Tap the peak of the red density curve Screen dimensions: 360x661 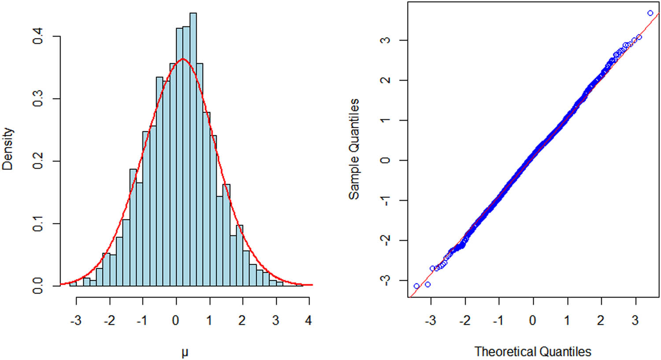(x=183, y=59)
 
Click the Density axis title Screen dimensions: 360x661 (x=8, y=149)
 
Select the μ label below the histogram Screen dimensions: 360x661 (x=185, y=352)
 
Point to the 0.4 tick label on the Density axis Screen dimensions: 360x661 (x=38, y=36)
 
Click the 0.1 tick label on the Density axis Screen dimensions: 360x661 (x=38, y=224)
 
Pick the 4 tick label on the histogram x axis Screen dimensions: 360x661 (x=308, y=320)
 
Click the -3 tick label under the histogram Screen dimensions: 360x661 (x=76, y=320)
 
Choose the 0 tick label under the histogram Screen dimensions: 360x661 (x=176, y=320)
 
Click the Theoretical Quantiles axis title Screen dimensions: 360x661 (x=533, y=352)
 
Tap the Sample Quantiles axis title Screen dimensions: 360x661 (x=354, y=149)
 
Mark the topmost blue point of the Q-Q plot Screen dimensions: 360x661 (x=650, y=13)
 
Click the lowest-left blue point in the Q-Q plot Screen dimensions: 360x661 (x=416, y=286)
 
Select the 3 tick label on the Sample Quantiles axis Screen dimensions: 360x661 (x=386, y=40)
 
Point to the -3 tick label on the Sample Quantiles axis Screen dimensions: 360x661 (x=386, y=280)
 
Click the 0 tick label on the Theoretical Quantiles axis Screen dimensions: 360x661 (x=533, y=320)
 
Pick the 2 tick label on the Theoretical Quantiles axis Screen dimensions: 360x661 (x=601, y=320)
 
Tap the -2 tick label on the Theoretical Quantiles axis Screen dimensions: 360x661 (x=464, y=320)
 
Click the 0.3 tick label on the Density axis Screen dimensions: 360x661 (x=38, y=99)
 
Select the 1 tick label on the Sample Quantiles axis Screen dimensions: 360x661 (x=386, y=120)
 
